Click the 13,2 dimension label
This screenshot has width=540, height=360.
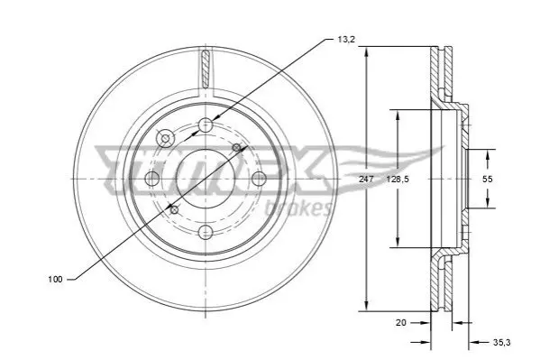coord(346,40)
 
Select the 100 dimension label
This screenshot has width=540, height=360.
coord(55,280)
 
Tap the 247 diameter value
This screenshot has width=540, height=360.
coord(366,180)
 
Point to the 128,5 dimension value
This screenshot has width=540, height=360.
coord(398,180)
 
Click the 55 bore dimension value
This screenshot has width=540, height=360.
coord(488,179)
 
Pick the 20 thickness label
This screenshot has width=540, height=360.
coord(401,323)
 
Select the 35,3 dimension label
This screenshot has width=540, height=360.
coord(502,343)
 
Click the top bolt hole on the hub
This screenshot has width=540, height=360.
coord(206,125)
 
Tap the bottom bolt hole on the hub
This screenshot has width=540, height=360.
coord(206,232)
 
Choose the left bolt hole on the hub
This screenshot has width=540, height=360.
coord(152,179)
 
